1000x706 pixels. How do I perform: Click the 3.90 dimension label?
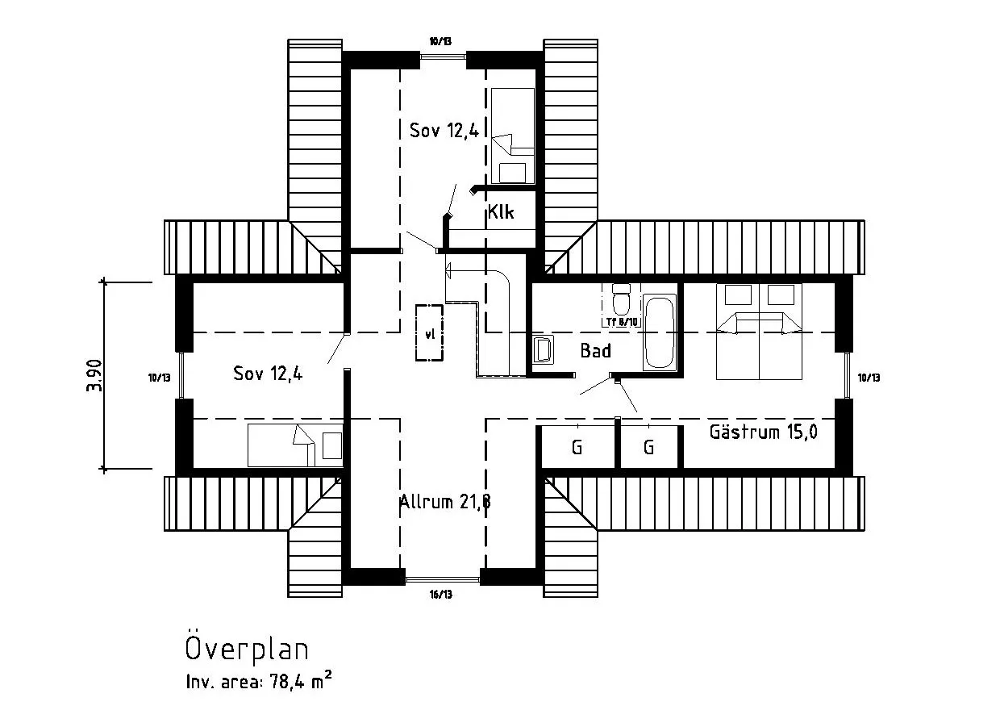pos(94,375)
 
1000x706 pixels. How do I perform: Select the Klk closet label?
pos(500,214)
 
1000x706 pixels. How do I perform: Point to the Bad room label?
pos(595,351)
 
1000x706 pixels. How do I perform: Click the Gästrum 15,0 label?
pos(763,432)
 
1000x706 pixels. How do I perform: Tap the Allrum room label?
pos(445,502)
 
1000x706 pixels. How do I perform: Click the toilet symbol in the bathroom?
pos(621,301)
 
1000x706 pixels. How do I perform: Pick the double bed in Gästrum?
pos(759,331)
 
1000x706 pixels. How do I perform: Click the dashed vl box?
pos(429,333)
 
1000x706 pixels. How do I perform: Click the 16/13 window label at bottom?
pos(441,595)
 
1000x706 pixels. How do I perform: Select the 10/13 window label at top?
pos(440,41)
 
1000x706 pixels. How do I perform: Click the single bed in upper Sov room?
pos(513,136)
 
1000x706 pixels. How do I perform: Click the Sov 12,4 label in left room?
pos(268,374)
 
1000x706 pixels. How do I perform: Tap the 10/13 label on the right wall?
pos(869,377)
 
